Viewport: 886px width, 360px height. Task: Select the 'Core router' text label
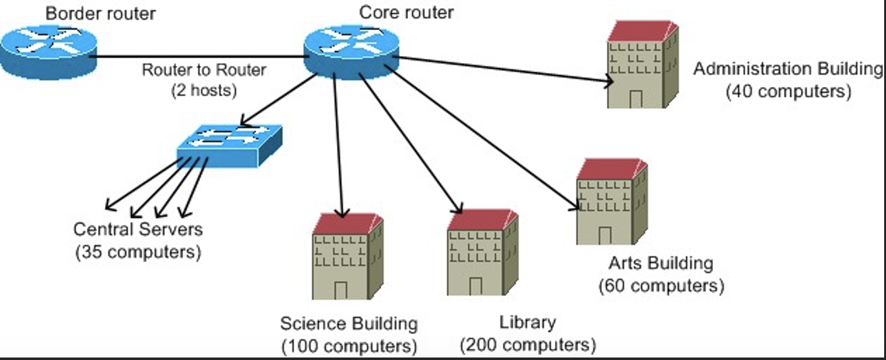(406, 11)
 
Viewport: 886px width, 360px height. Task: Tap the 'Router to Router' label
(204, 69)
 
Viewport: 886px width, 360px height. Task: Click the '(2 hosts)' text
(204, 91)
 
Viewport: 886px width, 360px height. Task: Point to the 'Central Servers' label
(138, 229)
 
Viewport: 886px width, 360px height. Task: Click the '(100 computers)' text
(349, 346)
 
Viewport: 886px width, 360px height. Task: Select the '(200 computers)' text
(528, 344)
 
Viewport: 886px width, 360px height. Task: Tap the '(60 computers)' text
(661, 286)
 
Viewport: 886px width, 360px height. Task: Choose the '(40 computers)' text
(789, 91)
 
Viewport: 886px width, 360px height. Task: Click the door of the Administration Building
(636, 99)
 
